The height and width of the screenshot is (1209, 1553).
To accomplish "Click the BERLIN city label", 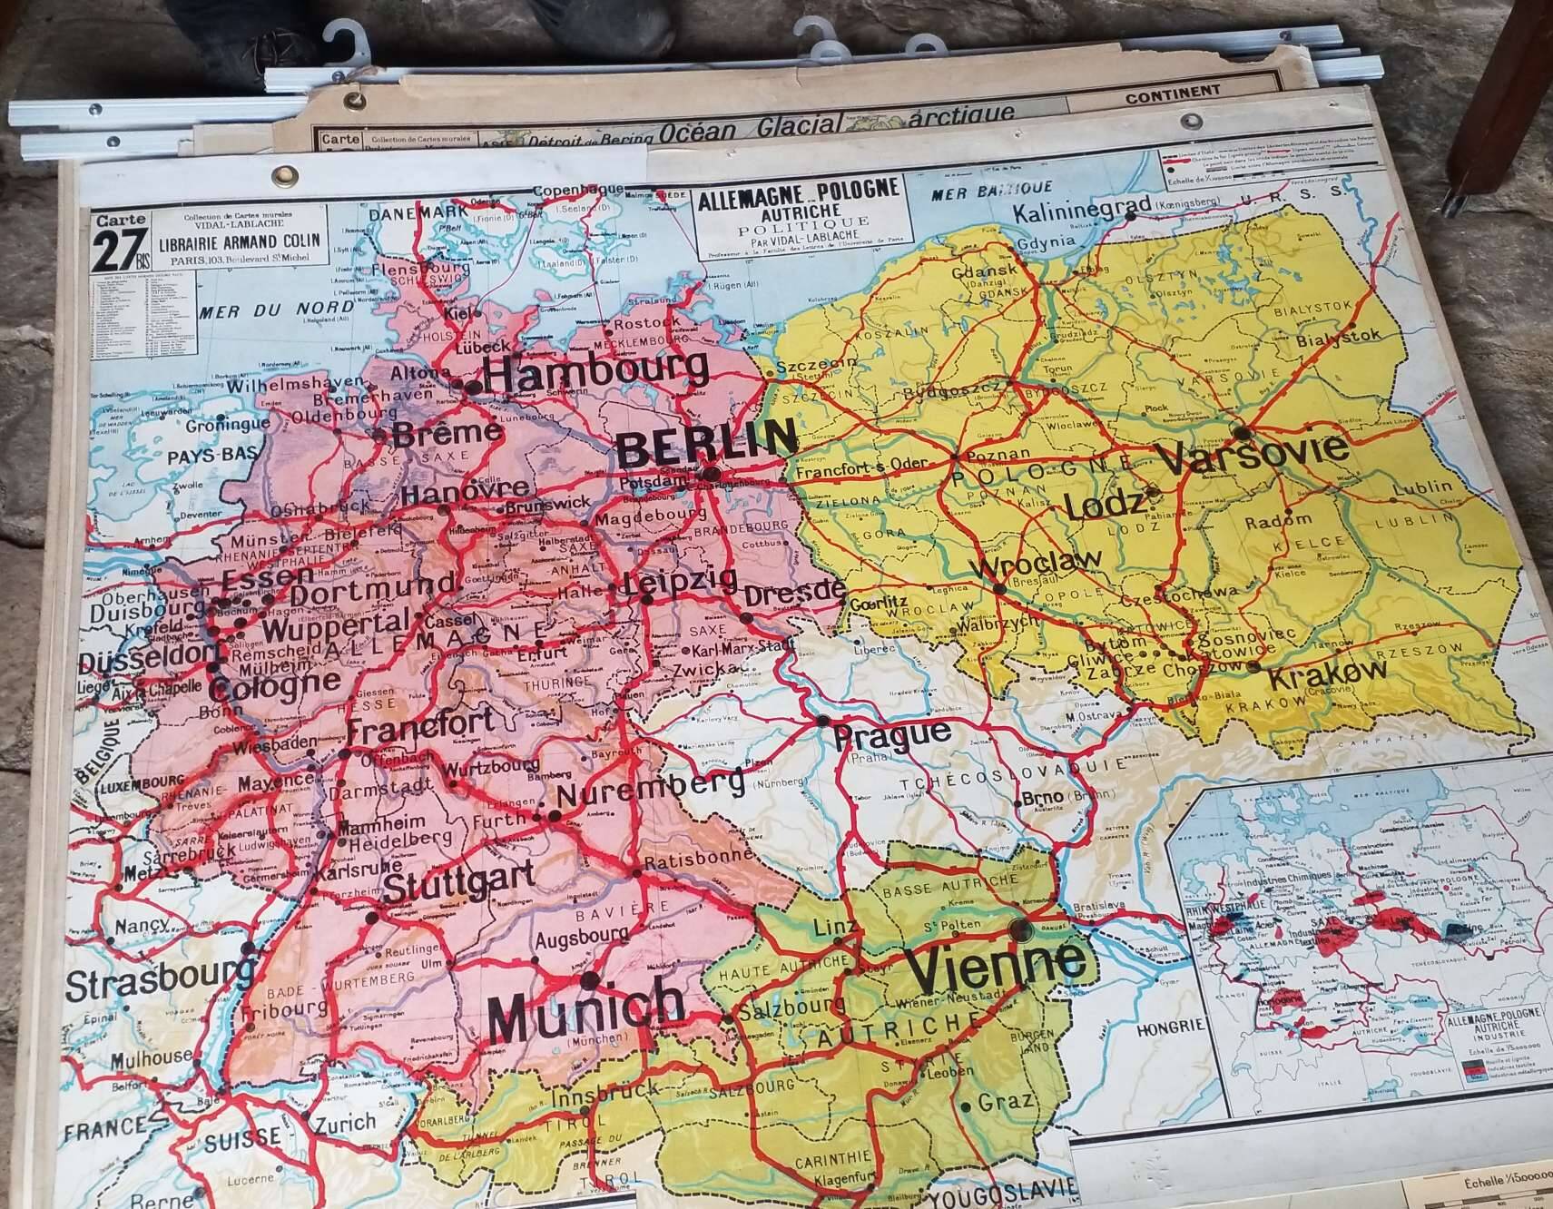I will coord(705,441).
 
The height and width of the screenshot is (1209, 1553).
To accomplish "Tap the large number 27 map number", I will coord(121,252).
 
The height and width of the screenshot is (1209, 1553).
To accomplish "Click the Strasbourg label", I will coord(159,984).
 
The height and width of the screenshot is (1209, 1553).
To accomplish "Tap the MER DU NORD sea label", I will coord(263,310).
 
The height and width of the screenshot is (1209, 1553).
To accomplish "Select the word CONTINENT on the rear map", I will coord(1173,92).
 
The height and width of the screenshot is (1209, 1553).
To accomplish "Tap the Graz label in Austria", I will coord(1006,1102).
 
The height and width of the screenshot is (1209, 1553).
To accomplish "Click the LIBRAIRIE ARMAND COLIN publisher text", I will coord(241,245).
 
